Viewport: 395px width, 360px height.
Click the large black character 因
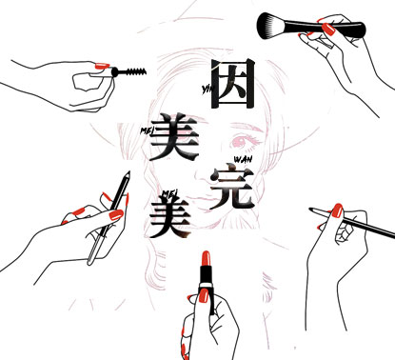tap(232, 84)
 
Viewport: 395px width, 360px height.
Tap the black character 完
tap(232, 187)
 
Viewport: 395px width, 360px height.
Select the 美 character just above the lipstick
tap(170, 217)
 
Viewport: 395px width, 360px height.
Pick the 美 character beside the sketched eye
tap(174, 136)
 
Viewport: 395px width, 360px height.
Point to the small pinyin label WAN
tap(243, 159)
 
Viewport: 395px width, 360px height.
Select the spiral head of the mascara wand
tap(136, 71)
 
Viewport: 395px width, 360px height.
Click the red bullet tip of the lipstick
tap(206, 258)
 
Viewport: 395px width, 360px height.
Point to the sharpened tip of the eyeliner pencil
tap(128, 174)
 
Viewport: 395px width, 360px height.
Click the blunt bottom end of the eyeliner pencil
tap(90, 262)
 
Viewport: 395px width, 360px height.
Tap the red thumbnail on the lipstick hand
tap(204, 295)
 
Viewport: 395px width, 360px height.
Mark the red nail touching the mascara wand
tap(102, 66)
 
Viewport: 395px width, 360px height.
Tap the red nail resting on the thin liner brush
tap(337, 210)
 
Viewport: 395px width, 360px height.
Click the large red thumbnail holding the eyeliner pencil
tap(116, 215)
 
